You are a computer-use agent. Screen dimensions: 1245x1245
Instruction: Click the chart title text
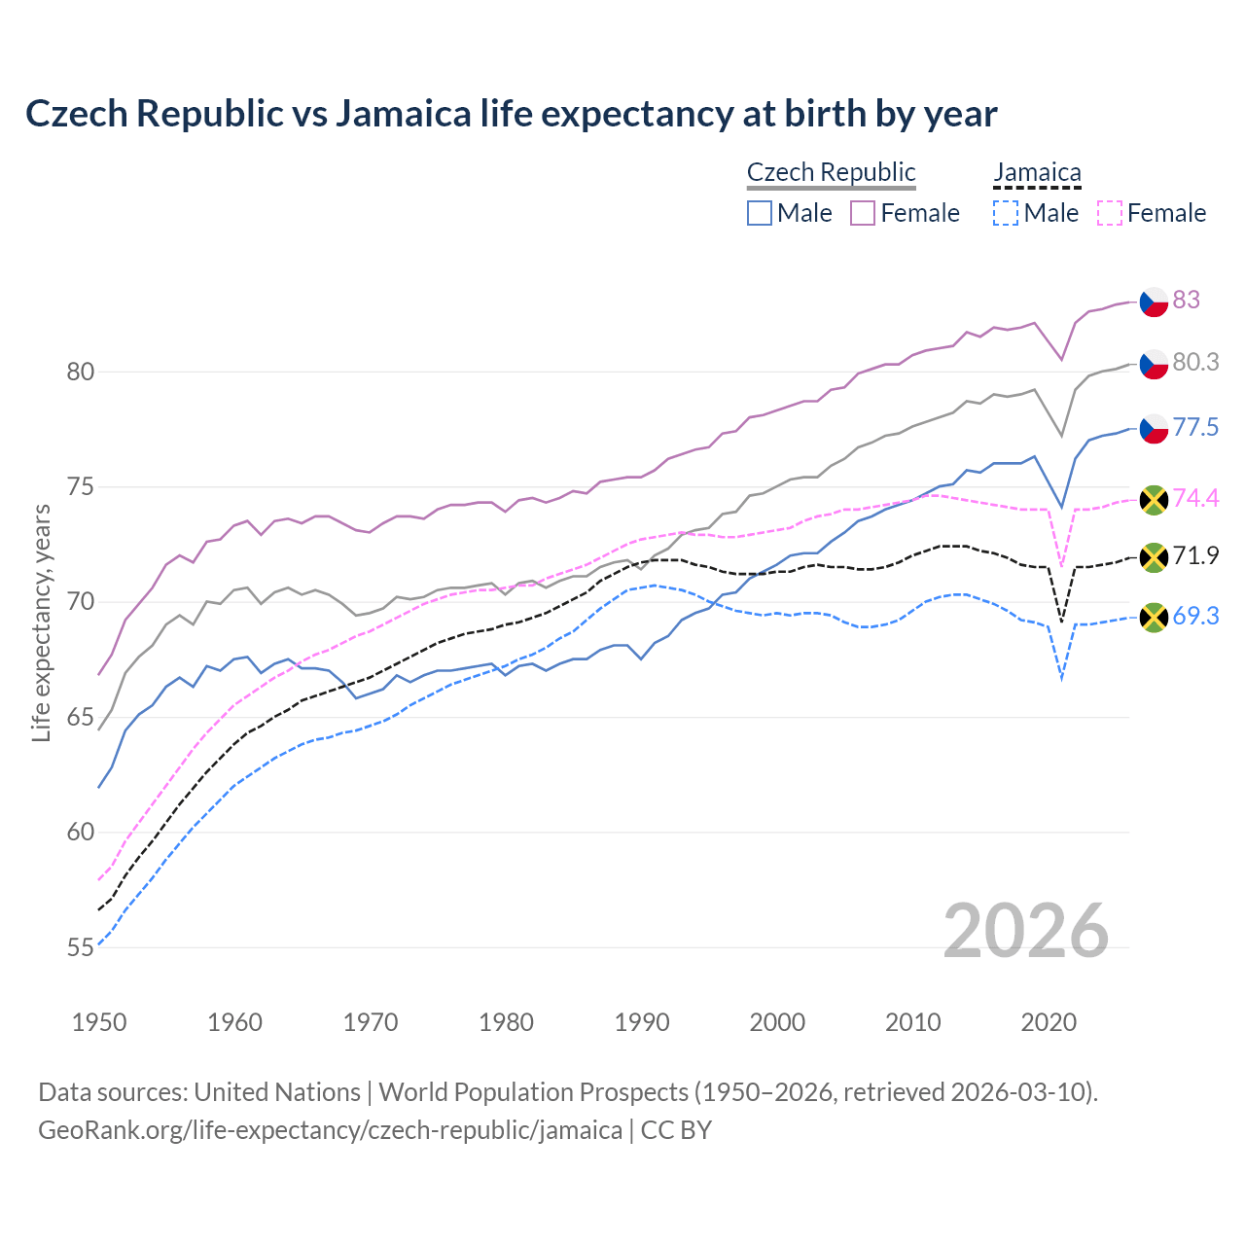tap(511, 114)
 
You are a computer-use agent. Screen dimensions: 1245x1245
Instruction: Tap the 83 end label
tap(1186, 300)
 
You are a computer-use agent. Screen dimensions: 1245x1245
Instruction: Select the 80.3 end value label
tap(1195, 362)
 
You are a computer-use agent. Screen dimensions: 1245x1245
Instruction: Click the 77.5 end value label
tap(1195, 427)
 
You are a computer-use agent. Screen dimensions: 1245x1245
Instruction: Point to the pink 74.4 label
tap(1195, 498)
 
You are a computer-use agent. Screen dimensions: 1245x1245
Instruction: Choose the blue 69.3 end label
tap(1195, 616)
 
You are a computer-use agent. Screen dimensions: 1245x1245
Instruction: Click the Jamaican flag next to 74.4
tap(1154, 500)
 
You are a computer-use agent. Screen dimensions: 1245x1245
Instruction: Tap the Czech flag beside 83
tap(1154, 301)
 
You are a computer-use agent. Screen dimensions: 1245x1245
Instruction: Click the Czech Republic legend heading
tap(831, 172)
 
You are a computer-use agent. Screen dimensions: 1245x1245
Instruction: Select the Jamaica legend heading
tap(1037, 172)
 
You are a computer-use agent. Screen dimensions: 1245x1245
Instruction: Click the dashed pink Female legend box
tap(1109, 213)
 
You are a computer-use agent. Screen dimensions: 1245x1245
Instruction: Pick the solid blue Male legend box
tap(760, 213)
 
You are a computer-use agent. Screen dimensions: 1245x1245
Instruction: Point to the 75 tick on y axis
tap(81, 486)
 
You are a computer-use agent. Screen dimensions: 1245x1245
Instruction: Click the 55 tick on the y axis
tap(81, 947)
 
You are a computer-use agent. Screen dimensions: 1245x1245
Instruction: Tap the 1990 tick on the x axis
tap(642, 1022)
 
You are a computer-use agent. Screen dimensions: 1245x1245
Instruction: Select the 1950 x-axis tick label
tap(99, 1022)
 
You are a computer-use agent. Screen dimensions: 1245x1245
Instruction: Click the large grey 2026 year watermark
tap(1026, 931)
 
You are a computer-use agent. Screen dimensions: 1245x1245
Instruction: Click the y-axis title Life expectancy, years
tap(41, 622)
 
